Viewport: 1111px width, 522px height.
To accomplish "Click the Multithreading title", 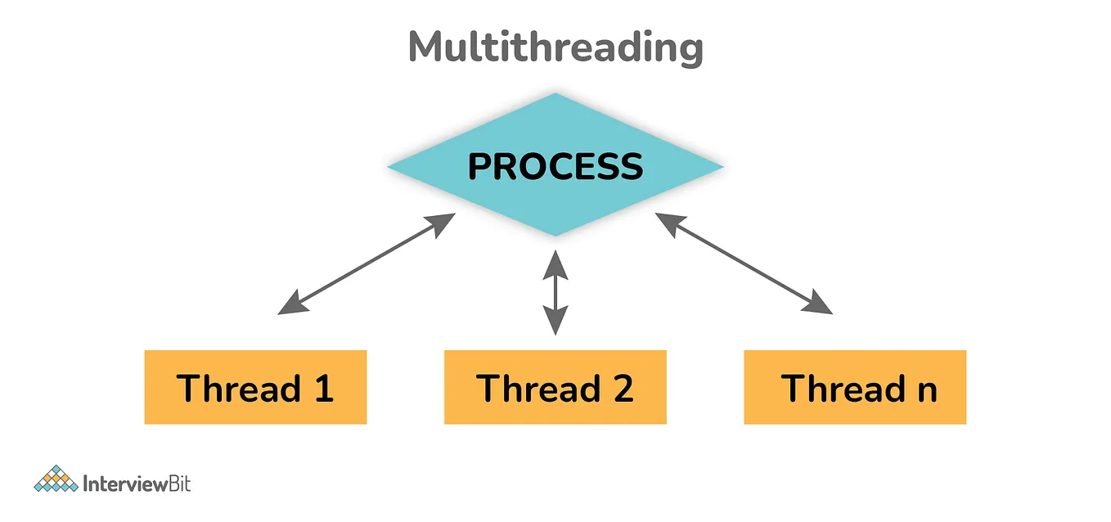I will tap(555, 48).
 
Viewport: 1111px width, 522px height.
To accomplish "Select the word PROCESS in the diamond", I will tap(555, 167).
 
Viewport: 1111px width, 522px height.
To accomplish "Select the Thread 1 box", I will tap(255, 387).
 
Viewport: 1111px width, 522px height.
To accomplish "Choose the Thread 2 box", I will tap(555, 387).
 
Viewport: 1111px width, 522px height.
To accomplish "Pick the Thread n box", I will tap(855, 387).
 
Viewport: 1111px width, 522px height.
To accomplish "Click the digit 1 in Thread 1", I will tap(324, 388).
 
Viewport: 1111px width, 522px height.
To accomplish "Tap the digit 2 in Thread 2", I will tap(623, 388).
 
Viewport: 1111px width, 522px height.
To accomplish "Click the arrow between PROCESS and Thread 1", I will tap(367, 264).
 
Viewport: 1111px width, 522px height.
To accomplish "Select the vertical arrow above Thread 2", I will tap(555, 293).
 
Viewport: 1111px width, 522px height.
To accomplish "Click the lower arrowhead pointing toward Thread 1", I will tap(288, 307).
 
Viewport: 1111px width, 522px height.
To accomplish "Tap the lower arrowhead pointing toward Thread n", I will tap(821, 307).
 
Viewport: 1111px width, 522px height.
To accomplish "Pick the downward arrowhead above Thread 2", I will tap(555, 324).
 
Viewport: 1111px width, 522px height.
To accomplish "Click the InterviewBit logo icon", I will tap(56, 479).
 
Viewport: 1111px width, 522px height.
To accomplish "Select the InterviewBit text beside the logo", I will tap(137, 483).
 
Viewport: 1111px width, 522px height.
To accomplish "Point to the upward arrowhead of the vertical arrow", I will tap(555, 262).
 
